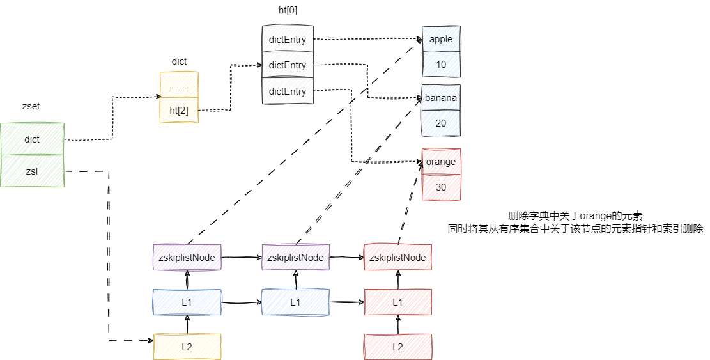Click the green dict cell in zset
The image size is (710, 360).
pyautogui.click(x=32, y=139)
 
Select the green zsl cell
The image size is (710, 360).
pyautogui.click(x=32, y=171)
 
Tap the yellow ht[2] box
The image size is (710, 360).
pyautogui.click(x=179, y=110)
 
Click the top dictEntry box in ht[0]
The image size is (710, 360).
pyautogui.click(x=287, y=40)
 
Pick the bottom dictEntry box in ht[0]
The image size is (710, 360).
pyautogui.click(x=287, y=91)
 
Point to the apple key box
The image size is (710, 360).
pyautogui.click(x=441, y=39)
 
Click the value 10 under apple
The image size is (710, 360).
pyautogui.click(x=441, y=65)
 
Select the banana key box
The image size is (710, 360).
pyautogui.click(x=441, y=98)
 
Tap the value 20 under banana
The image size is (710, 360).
pyautogui.click(x=441, y=123)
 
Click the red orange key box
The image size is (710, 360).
pyautogui.click(x=441, y=162)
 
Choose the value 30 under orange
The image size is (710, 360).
pyautogui.click(x=441, y=187)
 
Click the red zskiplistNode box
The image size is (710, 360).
pyautogui.click(x=397, y=257)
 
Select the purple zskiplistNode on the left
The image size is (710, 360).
pyautogui.click(x=187, y=257)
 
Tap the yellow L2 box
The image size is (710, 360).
pyautogui.click(x=187, y=346)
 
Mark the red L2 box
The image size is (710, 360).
pyautogui.click(x=397, y=346)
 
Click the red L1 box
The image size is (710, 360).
pyautogui.click(x=397, y=302)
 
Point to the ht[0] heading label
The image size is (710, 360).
pyautogui.click(x=288, y=10)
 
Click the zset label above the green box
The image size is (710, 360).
pyautogui.click(x=31, y=107)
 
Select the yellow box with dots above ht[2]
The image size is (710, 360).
pyautogui.click(x=179, y=85)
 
